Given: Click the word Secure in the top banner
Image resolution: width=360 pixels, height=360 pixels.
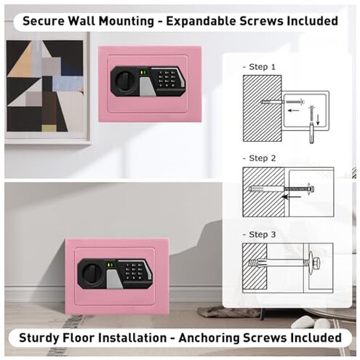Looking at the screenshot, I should (x=46, y=20).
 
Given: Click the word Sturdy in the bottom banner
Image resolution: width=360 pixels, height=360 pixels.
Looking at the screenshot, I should (x=41, y=338).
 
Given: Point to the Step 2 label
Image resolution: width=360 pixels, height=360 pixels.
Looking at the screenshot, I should (x=259, y=158).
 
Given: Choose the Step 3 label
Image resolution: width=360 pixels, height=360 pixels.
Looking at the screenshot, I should (x=259, y=234).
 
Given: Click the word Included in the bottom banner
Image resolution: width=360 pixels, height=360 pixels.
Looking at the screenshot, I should (x=312, y=338).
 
